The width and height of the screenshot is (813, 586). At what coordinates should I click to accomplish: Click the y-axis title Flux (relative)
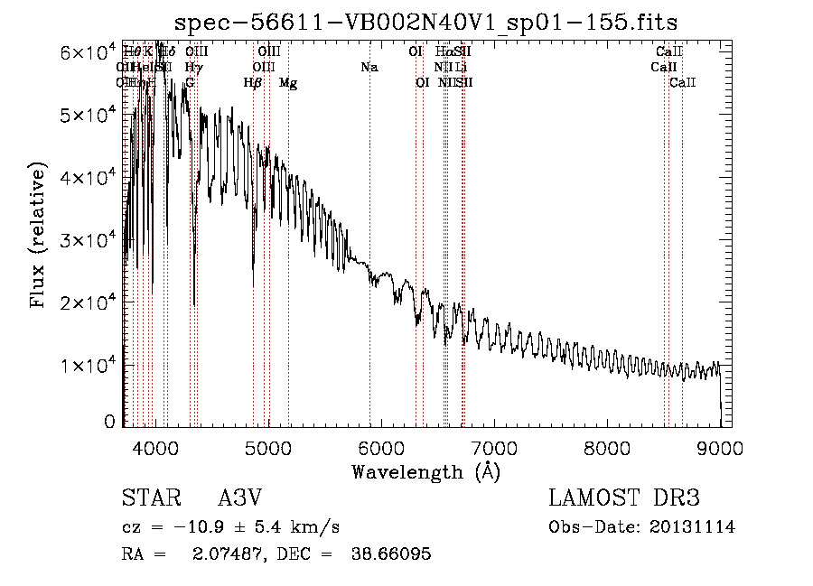pyautogui.click(x=39, y=237)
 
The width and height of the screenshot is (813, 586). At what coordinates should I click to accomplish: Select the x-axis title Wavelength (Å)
pyautogui.click(x=425, y=471)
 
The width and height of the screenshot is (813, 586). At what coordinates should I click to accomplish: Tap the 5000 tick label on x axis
pyautogui.click(x=267, y=447)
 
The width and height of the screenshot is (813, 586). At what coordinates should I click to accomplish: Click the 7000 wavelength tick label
pyautogui.click(x=494, y=447)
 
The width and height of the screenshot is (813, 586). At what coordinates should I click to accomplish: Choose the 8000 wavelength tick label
pyautogui.click(x=607, y=447)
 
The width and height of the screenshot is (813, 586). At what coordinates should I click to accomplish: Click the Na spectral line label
pyautogui.click(x=369, y=68)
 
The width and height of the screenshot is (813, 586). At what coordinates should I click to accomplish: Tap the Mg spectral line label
pyautogui.click(x=288, y=83)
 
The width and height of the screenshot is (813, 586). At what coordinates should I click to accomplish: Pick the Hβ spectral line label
pyautogui.click(x=253, y=83)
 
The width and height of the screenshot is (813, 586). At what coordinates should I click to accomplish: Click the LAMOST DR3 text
pyautogui.click(x=623, y=499)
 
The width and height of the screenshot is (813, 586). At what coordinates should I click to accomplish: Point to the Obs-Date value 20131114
pyautogui.click(x=694, y=527)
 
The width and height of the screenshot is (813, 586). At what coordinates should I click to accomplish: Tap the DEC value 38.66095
pyautogui.click(x=390, y=553)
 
